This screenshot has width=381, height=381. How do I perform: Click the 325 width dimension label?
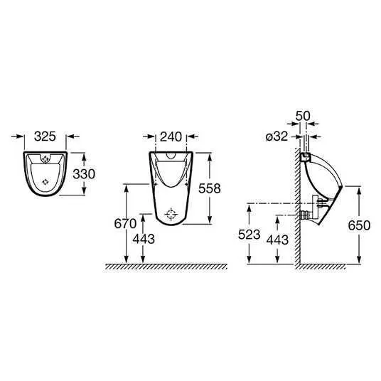pos(45,136)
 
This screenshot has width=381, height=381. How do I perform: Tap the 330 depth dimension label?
pos(84,174)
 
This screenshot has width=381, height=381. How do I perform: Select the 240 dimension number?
pos(171,136)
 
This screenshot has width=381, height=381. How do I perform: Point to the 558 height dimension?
pos(210,188)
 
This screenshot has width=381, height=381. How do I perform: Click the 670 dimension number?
pos(125,223)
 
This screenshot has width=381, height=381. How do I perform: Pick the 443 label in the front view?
pos(144,239)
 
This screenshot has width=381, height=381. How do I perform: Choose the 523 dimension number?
pos(249,235)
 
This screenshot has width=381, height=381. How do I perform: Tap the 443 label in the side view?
pos(277,240)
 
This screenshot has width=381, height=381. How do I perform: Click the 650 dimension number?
pos(359,225)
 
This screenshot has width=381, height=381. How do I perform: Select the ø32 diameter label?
pos(277,136)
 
